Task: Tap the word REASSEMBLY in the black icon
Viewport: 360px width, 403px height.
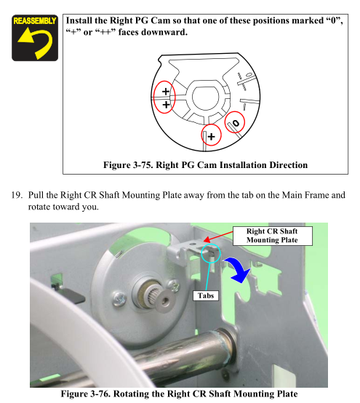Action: click(35, 21)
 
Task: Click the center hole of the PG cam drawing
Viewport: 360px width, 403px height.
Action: click(206, 98)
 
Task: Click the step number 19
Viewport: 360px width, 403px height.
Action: click(17, 195)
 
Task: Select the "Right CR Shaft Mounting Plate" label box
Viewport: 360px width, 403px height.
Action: click(273, 236)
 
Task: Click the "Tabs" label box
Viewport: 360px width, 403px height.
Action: click(206, 295)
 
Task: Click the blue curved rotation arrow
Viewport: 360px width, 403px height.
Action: click(239, 270)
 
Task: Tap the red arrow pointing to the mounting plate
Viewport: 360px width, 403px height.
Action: click(218, 236)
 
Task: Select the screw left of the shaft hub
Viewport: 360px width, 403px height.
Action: click(119, 299)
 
